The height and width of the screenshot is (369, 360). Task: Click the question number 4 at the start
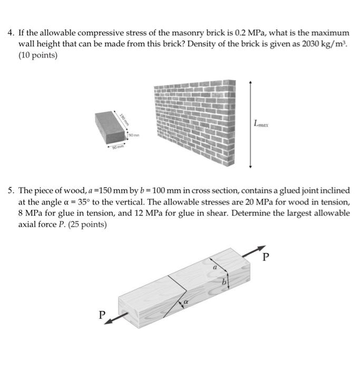[11, 33]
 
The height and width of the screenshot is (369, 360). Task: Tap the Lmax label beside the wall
[261, 124]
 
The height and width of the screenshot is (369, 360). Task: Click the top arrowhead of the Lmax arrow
[250, 83]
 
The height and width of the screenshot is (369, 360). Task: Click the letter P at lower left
[102, 315]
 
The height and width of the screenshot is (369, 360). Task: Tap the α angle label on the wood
[185, 303]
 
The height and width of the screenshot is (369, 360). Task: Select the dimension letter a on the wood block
[215, 268]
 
